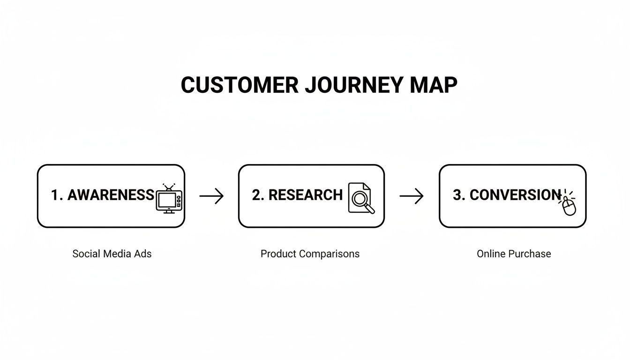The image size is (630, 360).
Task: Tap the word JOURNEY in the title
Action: (x=353, y=85)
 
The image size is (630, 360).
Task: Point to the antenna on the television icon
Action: (x=168, y=187)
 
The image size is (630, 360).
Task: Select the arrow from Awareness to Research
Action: (x=211, y=196)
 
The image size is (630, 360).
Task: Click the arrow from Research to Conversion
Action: (x=411, y=196)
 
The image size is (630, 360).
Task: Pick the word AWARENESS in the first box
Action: (x=111, y=195)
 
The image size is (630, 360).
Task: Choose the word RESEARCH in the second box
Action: (x=305, y=195)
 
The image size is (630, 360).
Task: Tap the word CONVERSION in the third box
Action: (x=515, y=195)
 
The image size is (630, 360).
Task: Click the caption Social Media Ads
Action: (x=112, y=254)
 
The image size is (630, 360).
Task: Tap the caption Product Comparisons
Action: (x=310, y=254)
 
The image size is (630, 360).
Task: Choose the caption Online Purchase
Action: (x=514, y=254)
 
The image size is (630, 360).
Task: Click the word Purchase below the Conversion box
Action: (x=529, y=254)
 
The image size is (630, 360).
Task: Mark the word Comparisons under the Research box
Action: (x=329, y=254)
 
